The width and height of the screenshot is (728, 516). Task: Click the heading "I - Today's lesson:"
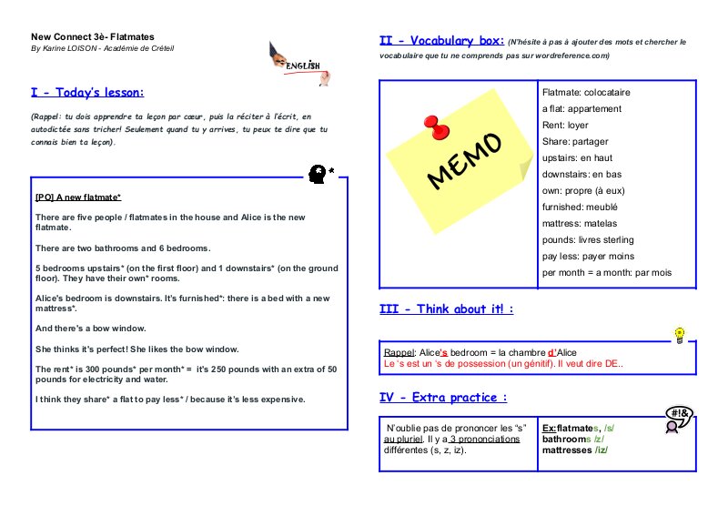pos(87,93)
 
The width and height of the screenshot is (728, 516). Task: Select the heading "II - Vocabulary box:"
pos(440,41)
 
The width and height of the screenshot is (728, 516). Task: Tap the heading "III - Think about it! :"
pos(446,309)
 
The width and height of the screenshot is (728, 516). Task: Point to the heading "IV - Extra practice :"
pos(443,397)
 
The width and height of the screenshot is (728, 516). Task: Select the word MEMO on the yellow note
pos(464,162)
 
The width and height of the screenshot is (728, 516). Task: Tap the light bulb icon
pos(677,335)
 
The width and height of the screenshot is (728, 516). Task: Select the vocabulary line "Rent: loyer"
pos(565,126)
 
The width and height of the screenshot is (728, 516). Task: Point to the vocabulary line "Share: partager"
pos(575,142)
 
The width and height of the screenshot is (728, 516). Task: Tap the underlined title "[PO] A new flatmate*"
pos(77,197)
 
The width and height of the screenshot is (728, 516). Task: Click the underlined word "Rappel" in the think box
pos(399,353)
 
